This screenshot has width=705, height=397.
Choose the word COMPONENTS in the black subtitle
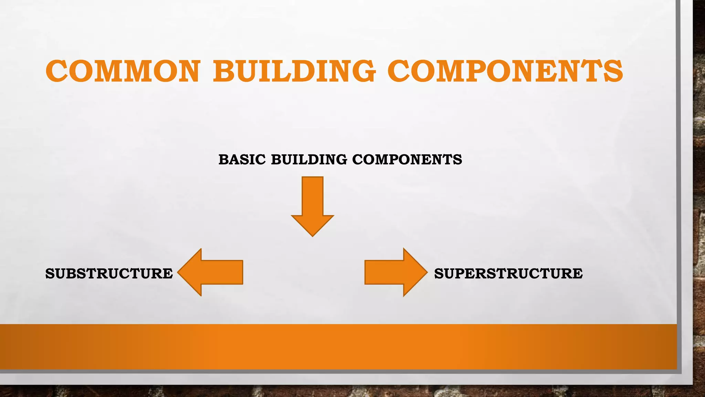coord(407,160)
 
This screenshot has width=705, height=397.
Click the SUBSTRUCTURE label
coord(109,274)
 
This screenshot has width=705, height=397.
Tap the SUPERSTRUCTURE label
coord(508,274)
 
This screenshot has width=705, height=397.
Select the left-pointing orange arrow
coord(213,272)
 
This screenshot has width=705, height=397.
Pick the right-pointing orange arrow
coord(392,272)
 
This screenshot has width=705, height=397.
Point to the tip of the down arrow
coord(313,235)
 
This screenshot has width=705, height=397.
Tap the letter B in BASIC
coord(224,160)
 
